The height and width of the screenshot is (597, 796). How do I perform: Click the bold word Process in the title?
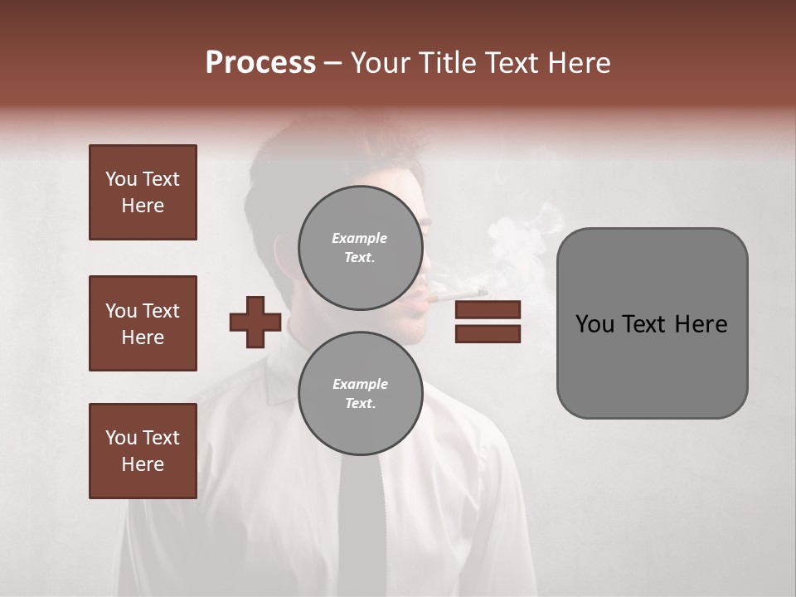(260, 62)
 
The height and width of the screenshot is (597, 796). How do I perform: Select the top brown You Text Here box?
(143, 192)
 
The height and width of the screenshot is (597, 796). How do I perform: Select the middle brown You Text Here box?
(143, 323)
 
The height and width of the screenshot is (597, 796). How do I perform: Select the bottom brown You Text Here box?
(143, 450)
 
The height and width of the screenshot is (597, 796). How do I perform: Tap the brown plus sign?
(255, 322)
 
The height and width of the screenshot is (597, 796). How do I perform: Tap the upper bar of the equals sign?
(488, 310)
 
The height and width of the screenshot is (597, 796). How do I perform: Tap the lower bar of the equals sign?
(488, 333)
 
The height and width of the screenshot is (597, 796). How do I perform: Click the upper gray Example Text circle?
(360, 247)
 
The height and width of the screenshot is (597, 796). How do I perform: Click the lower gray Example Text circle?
(360, 393)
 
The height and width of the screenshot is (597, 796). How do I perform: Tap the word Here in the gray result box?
(701, 324)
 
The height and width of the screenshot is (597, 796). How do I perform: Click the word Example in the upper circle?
(360, 238)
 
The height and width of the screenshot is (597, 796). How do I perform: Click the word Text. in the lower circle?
(360, 403)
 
